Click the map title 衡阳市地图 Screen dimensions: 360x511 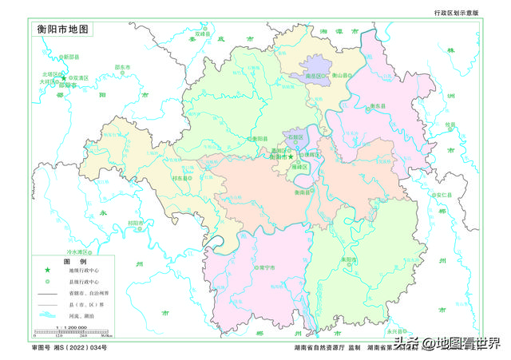pyautogui.click(x=65, y=29)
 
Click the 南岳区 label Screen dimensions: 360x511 pyautogui.click(x=316, y=76)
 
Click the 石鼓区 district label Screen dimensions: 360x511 pyautogui.click(x=297, y=137)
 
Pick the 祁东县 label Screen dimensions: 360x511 pyautogui.click(x=181, y=178)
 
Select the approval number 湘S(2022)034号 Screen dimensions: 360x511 pyautogui.click(x=69, y=349)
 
